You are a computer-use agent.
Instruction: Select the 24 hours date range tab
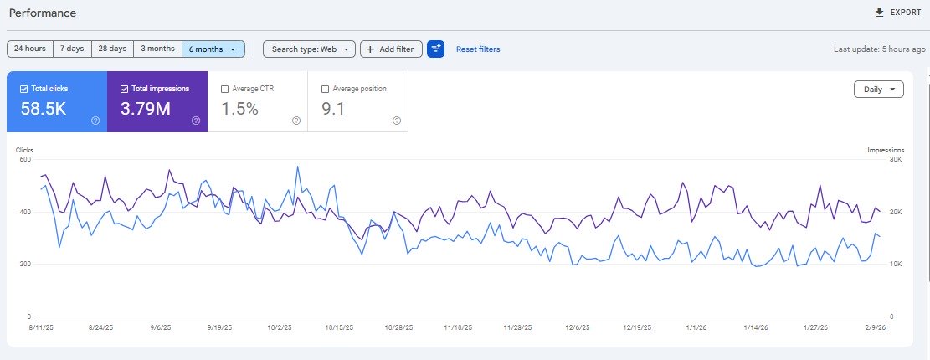pyautogui.click(x=29, y=49)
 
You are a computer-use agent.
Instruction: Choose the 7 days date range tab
pyautogui.click(x=71, y=49)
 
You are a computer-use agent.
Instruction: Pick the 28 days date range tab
pyautogui.click(x=112, y=49)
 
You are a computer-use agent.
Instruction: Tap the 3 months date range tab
pyautogui.click(x=157, y=49)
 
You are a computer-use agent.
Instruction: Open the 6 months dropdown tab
pyautogui.click(x=213, y=49)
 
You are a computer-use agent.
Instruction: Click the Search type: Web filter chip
pyautogui.click(x=309, y=49)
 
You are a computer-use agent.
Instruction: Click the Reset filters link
pyautogui.click(x=478, y=49)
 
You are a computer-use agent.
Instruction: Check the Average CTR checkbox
pyautogui.click(x=224, y=89)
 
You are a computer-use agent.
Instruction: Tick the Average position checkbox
pyautogui.click(x=325, y=89)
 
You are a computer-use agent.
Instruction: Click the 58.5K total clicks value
pyautogui.click(x=44, y=108)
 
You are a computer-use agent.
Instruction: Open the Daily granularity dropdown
pyautogui.click(x=878, y=90)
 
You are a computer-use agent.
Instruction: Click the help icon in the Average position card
pyautogui.click(x=397, y=121)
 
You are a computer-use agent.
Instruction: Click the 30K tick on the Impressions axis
pyautogui.click(x=896, y=159)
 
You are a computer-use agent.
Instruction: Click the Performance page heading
pyautogui.click(x=43, y=13)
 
